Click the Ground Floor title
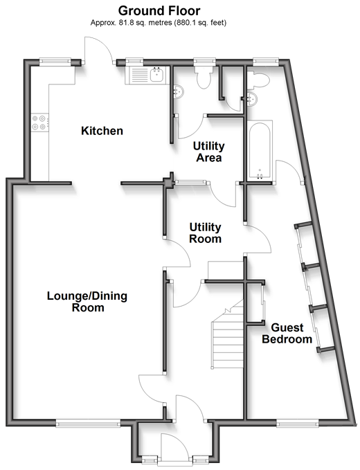(x=159, y=11)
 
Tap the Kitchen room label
(x=102, y=131)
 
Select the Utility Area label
(x=208, y=152)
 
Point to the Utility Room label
(x=206, y=233)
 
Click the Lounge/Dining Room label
(x=87, y=302)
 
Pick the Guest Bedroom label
(x=287, y=334)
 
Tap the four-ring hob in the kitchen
(x=40, y=123)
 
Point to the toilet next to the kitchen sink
(x=204, y=76)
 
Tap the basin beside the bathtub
(x=252, y=98)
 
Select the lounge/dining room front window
(x=88, y=423)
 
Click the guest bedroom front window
(x=298, y=423)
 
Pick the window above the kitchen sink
(x=134, y=62)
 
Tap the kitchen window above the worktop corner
(x=55, y=62)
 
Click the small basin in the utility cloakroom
(x=178, y=91)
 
